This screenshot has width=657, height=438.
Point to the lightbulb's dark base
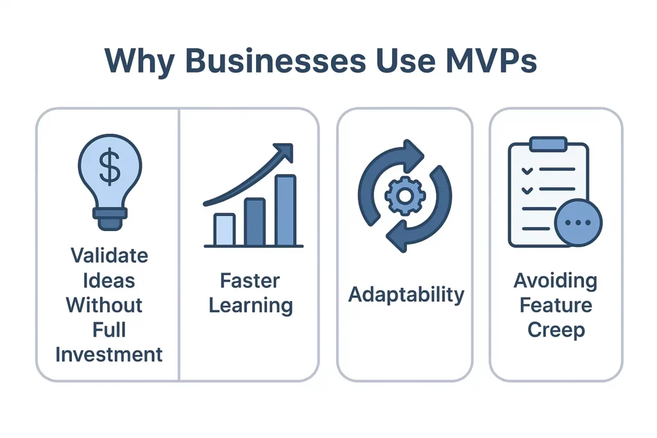pyautogui.click(x=110, y=218)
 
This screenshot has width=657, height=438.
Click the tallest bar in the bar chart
pyautogui.click(x=286, y=210)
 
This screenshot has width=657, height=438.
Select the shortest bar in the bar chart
pyautogui.click(x=224, y=230)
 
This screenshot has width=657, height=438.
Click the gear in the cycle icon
pyautogui.click(x=404, y=196)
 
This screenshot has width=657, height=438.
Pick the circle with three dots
pyautogui.click(x=579, y=222)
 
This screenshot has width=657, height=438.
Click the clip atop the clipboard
pyautogui.click(x=547, y=144)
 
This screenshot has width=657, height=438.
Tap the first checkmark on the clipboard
pyautogui.click(x=527, y=171)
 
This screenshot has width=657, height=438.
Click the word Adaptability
pyautogui.click(x=406, y=295)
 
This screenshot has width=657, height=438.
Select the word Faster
pyautogui.click(x=250, y=281)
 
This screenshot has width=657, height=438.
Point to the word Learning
pyautogui.click(x=251, y=306)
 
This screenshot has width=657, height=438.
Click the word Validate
pyautogui.click(x=109, y=255)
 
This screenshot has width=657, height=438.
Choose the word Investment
pyautogui.click(x=109, y=354)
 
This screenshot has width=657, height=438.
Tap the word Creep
pyautogui.click(x=556, y=330)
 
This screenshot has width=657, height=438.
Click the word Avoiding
pyautogui.click(x=556, y=281)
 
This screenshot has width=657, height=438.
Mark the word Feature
pyautogui.click(x=556, y=305)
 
